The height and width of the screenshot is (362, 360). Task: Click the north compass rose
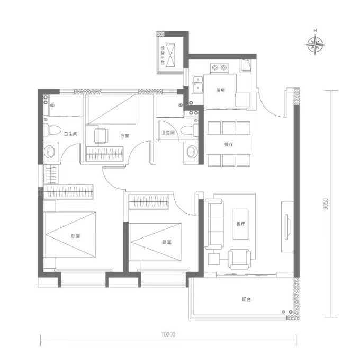click(x=315, y=44)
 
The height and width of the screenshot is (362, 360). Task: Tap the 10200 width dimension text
click(x=168, y=334)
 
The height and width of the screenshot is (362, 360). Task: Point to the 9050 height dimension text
click(x=326, y=204)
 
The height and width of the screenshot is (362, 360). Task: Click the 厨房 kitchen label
click(x=220, y=90)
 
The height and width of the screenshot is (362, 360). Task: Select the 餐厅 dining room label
click(x=229, y=144)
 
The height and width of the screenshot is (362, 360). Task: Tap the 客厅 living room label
click(x=240, y=224)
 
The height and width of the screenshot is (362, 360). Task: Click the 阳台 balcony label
click(x=246, y=299)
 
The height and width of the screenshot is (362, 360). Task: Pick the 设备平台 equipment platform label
click(x=163, y=55)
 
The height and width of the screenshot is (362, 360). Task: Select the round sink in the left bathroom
click(x=50, y=152)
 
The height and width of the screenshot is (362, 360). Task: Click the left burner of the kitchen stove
click(x=215, y=68)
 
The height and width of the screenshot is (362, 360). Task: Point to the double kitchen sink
click(x=197, y=85)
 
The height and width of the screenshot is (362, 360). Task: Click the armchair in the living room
click(x=239, y=259)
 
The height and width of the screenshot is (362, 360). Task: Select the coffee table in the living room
click(x=240, y=224)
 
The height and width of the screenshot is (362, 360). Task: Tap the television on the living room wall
click(x=287, y=227)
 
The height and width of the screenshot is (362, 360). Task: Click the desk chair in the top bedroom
click(x=101, y=136)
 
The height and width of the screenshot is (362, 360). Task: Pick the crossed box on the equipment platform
click(x=170, y=55)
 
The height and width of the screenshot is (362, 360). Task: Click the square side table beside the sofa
click(x=213, y=259)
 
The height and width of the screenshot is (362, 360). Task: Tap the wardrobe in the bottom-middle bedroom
click(x=149, y=202)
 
